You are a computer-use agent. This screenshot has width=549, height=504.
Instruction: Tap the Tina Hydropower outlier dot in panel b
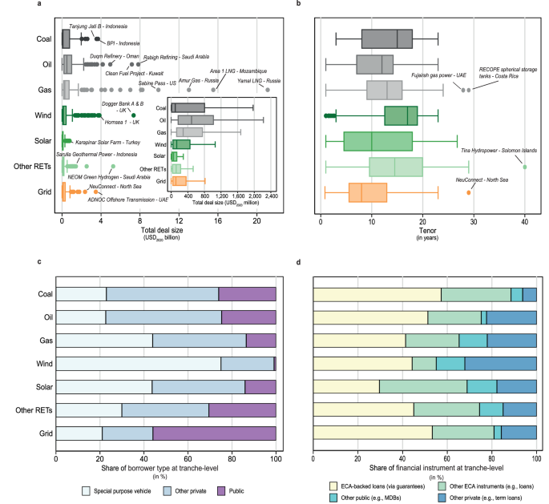tap(525, 167)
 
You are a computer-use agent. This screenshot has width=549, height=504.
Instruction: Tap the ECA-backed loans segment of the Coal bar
tap(377, 295)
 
